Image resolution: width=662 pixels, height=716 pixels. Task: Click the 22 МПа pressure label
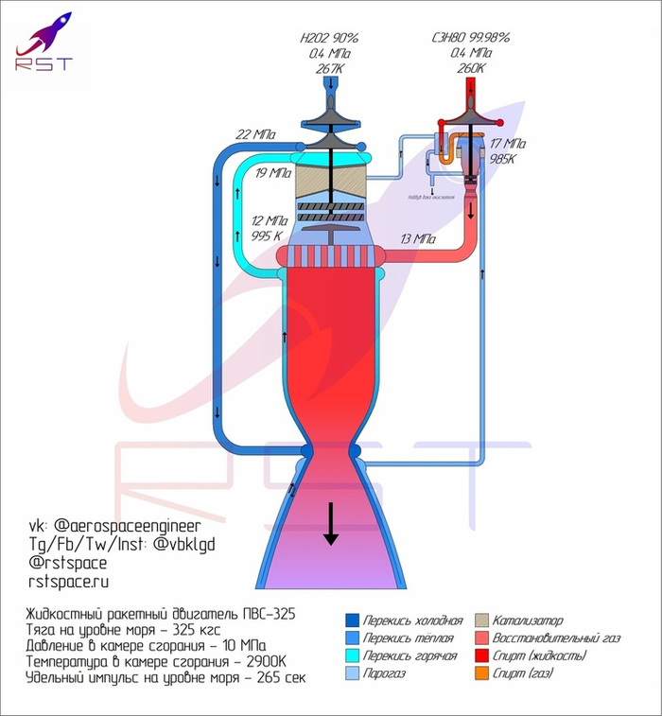click(255, 134)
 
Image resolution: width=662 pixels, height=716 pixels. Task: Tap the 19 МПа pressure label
click(273, 173)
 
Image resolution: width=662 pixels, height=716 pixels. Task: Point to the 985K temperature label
click(501, 159)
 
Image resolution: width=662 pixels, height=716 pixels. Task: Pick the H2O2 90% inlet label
click(329, 38)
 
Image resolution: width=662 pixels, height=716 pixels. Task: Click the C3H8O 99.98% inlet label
click(470, 38)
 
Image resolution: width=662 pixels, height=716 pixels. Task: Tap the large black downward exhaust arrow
click(330, 524)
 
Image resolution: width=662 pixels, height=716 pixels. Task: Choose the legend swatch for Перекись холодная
click(352, 620)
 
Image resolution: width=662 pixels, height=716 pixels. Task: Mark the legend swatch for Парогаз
click(352, 673)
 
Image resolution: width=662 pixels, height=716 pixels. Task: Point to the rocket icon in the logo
click(45, 33)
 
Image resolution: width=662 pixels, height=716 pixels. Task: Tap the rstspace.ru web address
click(69, 581)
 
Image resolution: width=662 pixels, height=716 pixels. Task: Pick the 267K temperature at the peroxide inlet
click(329, 69)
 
